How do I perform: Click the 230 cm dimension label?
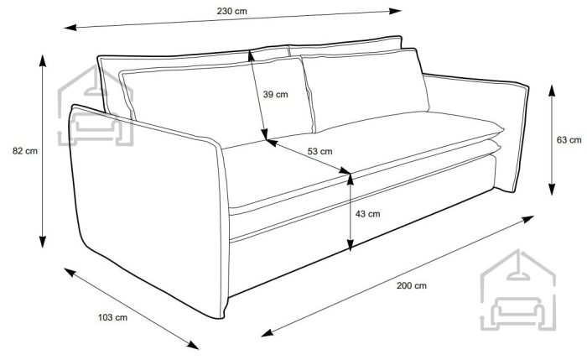click(231, 11)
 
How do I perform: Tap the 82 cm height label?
click(25, 151)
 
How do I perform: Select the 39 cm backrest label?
click(276, 94)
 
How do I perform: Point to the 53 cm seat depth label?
click(319, 151)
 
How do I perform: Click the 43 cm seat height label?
click(367, 214)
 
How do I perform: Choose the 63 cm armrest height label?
click(569, 140)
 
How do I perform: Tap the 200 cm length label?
click(412, 286)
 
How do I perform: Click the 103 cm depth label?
click(112, 318)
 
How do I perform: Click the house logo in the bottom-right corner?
click(517, 290)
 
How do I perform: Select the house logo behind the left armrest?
click(96, 106)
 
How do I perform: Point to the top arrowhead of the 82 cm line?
click(43, 60)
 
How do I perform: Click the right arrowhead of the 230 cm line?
click(396, 11)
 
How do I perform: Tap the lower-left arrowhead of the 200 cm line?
click(268, 333)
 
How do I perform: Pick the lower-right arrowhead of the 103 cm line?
click(193, 346)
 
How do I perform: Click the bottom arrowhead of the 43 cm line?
click(350, 245)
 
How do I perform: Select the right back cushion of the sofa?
click(365, 89)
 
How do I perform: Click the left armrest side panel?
click(148, 210)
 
